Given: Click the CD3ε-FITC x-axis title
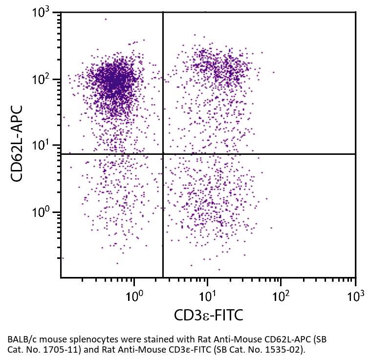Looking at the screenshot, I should [x=208, y=316].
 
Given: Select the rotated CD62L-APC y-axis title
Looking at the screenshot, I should [x=18, y=145].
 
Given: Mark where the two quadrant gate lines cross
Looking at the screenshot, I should [x=163, y=154].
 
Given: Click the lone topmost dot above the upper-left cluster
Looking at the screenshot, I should [x=105, y=20].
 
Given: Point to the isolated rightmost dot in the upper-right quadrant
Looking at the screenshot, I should [x=273, y=72].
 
